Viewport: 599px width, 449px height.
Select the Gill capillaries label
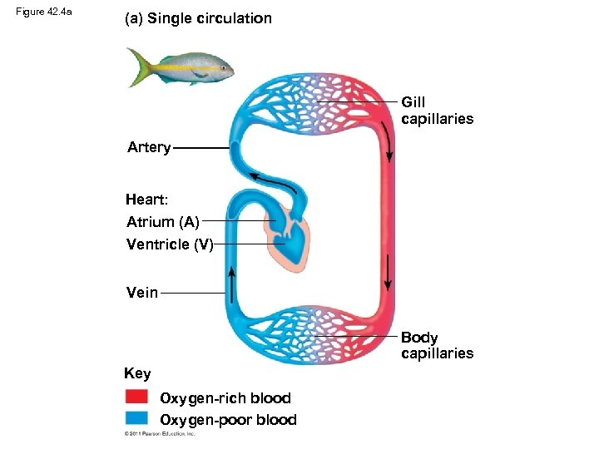pos(437,110)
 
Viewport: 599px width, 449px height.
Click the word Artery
pos(149,147)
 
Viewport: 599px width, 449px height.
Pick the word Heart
pos(146,200)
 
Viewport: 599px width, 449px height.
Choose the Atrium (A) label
pos(162,221)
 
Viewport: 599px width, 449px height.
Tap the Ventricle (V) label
pos(170,244)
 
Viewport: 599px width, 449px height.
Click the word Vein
pos(142,292)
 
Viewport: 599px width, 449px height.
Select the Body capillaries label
pos(437,345)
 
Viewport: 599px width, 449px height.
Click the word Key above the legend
pos(137,373)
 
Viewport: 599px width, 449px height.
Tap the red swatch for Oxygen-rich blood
pos(136,397)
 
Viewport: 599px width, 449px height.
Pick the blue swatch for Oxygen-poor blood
pos(136,417)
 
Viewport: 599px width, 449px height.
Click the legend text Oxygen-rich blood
pos(225,397)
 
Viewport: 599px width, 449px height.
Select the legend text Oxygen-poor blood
pos(228,419)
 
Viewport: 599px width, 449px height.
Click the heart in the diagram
pos(286,238)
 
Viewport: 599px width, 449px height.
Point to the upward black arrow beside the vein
pos(231,282)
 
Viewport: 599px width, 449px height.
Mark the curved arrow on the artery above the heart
pos(272,181)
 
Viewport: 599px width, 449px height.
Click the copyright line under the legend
pos(159,434)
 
